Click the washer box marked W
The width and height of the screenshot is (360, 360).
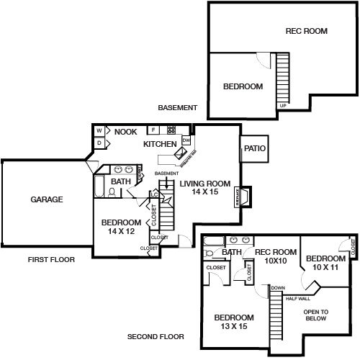pos(99,132)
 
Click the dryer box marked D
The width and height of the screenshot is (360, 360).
pos(99,143)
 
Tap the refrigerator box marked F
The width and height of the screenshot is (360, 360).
pos(153,131)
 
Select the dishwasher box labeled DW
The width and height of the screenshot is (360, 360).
pos(186,140)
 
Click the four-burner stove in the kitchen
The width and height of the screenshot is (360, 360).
pos(172,131)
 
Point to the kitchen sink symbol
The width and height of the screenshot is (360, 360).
pos(182,154)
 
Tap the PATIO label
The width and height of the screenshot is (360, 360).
pos(255,149)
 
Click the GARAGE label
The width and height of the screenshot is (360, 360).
pos(46,199)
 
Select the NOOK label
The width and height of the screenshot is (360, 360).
pos(126,132)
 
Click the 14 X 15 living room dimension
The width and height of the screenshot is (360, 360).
pos(204,192)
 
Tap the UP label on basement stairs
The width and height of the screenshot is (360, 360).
pos(282,106)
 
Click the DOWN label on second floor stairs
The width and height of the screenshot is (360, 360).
pos(278,287)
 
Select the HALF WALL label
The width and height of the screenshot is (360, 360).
pos(297,298)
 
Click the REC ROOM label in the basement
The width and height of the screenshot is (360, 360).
pos(306,31)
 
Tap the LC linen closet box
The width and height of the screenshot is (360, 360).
pos(154,194)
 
